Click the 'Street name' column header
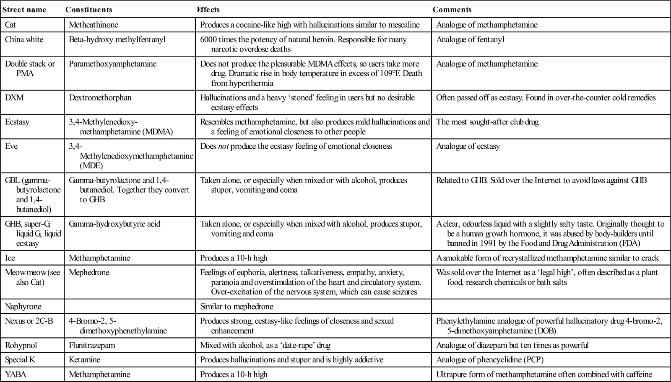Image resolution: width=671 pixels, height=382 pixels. point(24,10)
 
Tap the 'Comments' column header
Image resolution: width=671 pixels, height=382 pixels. point(452,10)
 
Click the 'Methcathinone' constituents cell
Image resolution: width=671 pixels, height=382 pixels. point(94,25)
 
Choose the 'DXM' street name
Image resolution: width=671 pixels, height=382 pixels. point(13,98)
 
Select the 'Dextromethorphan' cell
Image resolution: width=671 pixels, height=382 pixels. point(100,98)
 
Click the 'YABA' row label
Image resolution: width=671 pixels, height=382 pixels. point(16,374)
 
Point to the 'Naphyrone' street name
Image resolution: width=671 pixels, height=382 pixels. point(23,307)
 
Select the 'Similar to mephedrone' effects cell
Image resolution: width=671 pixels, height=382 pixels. point(237,307)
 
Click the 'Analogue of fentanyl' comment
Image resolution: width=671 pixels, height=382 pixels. point(470,40)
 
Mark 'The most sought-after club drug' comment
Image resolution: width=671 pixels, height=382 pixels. point(487,122)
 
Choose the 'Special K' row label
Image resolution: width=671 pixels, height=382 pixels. point(20,360)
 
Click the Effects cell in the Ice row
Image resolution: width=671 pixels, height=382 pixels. point(234,258)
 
